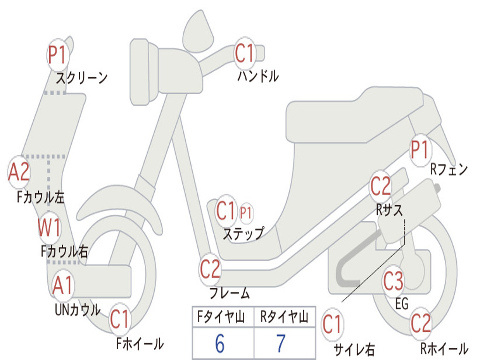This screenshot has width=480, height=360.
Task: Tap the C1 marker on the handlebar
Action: (244, 53)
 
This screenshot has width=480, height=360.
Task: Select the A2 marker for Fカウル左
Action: (19, 172)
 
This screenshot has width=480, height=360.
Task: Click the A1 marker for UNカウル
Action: (63, 285)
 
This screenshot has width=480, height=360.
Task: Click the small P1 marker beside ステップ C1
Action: (246, 213)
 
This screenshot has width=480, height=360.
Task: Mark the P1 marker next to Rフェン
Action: (420, 150)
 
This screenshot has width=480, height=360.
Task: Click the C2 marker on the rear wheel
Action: (420, 323)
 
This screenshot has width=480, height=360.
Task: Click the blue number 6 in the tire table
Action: (220, 344)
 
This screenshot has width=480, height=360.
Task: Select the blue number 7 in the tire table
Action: (281, 344)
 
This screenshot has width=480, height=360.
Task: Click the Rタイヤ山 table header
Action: (284, 318)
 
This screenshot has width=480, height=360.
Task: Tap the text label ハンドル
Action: (258, 76)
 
